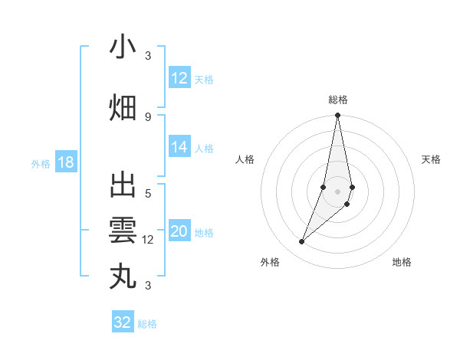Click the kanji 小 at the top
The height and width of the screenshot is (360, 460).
pyautogui.click(x=123, y=47)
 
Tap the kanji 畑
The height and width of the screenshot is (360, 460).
pyautogui.click(x=123, y=107)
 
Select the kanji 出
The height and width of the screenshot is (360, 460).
pyautogui.click(x=123, y=186)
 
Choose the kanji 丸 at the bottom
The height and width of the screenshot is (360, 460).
pyautogui.click(x=123, y=275)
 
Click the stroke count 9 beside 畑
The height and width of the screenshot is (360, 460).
pyautogui.click(x=148, y=116)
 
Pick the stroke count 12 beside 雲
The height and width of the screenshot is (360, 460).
pyautogui.click(x=148, y=240)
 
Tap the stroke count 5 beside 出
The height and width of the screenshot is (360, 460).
pyautogui.click(x=148, y=194)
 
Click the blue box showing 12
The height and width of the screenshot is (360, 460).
pyautogui.click(x=179, y=78)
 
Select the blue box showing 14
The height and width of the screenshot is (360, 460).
pyautogui.click(x=179, y=147)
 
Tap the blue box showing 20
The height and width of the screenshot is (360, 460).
pyautogui.click(x=179, y=232)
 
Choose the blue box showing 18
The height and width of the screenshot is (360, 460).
pyautogui.click(x=65, y=162)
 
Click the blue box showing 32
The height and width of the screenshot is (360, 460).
pyautogui.click(x=123, y=322)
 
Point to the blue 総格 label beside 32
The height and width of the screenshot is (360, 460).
pyautogui.click(x=147, y=324)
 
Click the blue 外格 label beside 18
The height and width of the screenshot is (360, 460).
pyautogui.click(x=41, y=163)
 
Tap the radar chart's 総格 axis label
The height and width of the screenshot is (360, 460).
pyautogui.click(x=337, y=100)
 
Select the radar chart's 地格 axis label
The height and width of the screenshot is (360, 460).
pyautogui.click(x=402, y=262)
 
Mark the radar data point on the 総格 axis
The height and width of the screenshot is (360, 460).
pyautogui.click(x=337, y=116)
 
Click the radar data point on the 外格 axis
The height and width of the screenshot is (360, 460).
pyautogui.click(x=301, y=241)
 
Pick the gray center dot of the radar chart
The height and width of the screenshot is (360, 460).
pyautogui.click(x=337, y=191)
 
